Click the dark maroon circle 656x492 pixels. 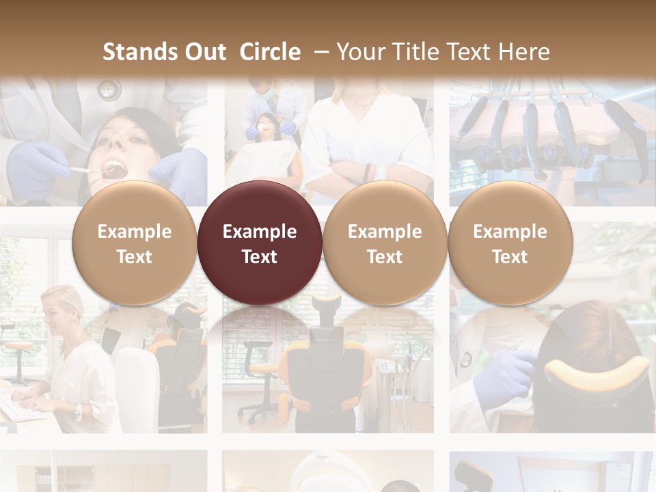tap(260, 243)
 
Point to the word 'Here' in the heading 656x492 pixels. tap(524, 52)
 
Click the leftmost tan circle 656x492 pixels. tap(134, 243)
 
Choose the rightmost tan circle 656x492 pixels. tap(510, 243)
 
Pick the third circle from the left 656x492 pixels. tap(385, 243)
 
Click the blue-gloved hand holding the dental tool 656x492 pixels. tap(38, 167)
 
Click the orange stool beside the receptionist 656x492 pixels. tap(19, 348)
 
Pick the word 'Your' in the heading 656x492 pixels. tap(360, 52)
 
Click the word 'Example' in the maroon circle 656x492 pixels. tap(260, 232)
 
